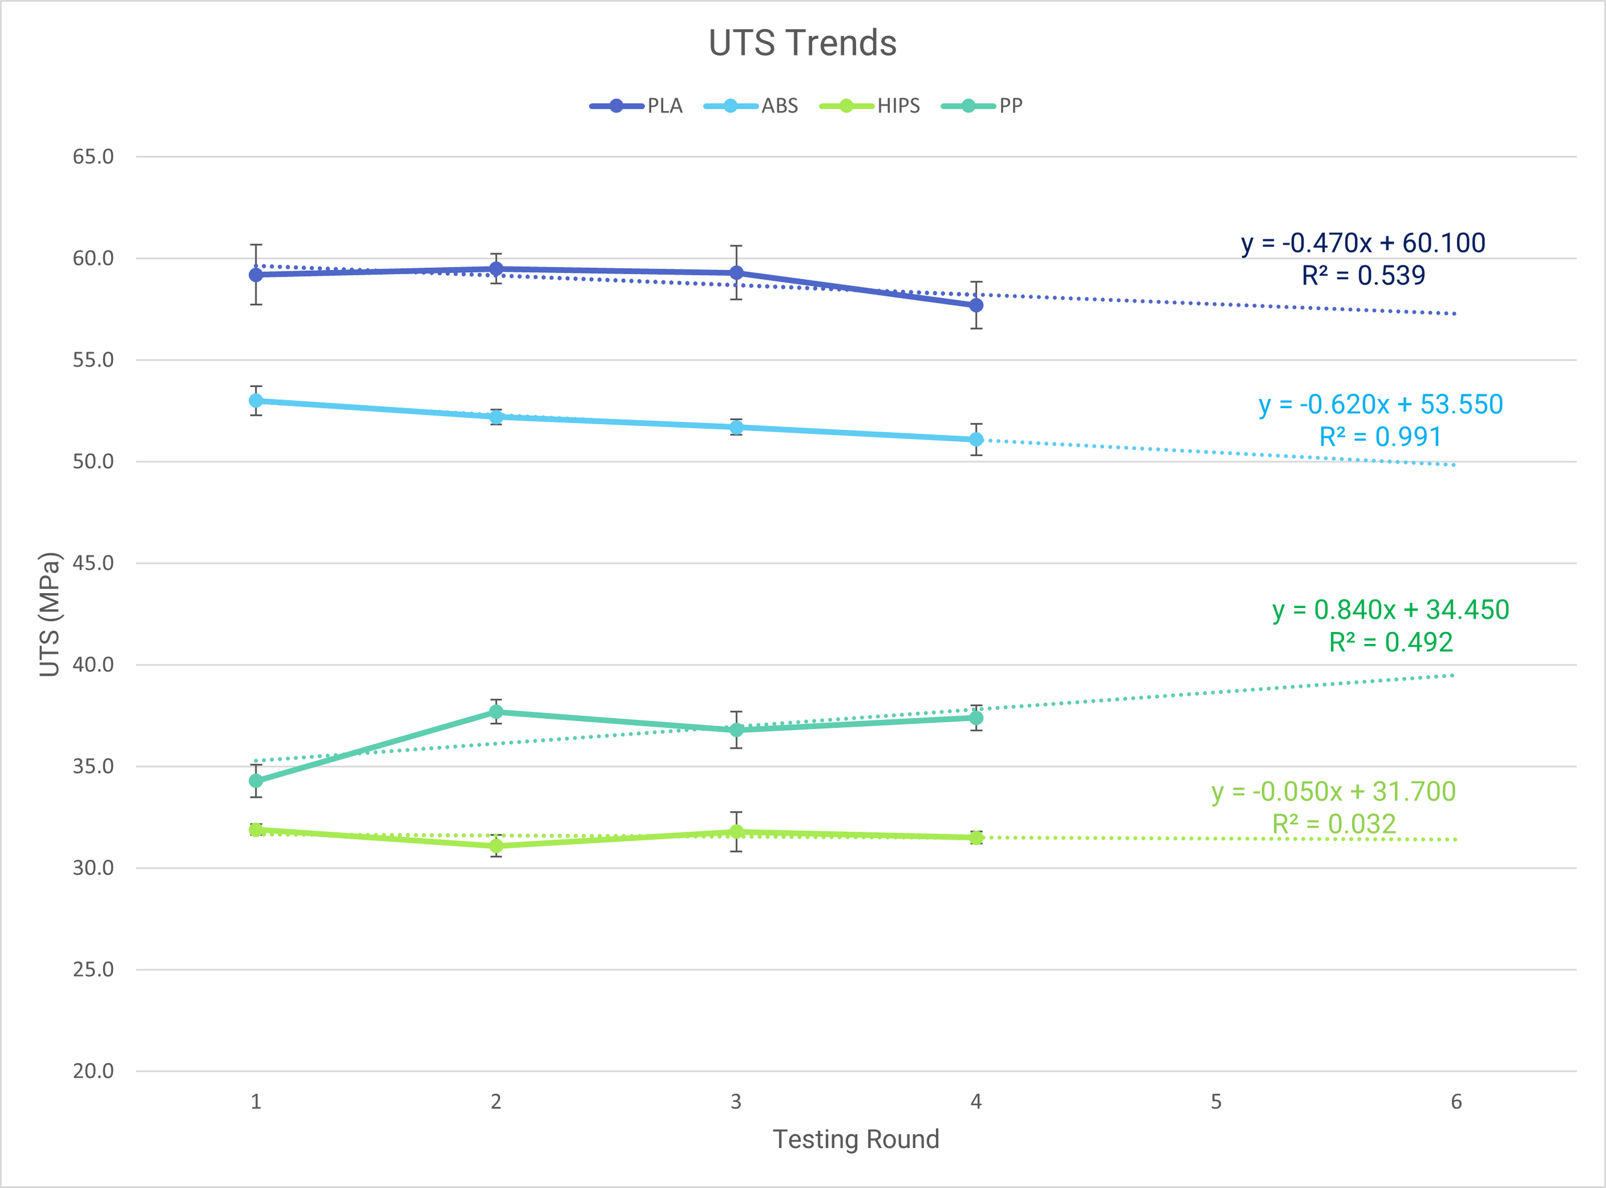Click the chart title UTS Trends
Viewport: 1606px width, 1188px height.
(802, 43)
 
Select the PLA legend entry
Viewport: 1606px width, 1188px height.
(636, 106)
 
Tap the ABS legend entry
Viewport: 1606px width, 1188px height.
(751, 106)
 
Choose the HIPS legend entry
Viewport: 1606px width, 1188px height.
(870, 106)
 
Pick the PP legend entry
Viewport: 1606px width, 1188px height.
(982, 106)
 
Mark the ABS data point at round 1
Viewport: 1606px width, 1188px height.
(256, 401)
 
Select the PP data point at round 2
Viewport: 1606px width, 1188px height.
(496, 712)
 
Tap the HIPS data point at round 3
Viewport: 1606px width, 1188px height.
(736, 832)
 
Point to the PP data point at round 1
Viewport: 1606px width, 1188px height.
(256, 781)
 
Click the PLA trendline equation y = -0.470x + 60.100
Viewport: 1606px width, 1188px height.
(1363, 243)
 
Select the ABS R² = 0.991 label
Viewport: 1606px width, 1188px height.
(1380, 437)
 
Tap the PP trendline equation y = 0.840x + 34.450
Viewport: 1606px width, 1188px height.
(1391, 610)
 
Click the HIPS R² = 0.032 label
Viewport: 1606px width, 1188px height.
(1334, 824)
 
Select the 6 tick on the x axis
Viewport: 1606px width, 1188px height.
(1456, 1102)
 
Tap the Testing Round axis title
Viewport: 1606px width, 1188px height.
(855, 1140)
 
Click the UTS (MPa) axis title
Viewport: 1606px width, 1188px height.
(49, 615)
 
